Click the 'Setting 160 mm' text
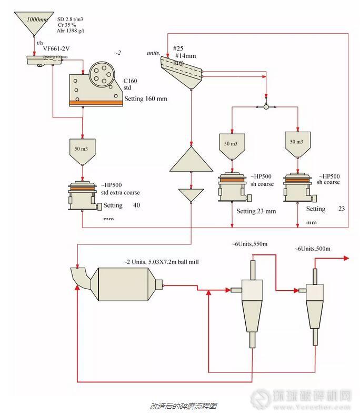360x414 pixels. [x=146, y=99]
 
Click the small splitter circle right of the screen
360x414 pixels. [x=266, y=107]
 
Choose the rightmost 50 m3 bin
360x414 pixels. [x=298, y=144]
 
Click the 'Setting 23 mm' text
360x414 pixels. [x=256, y=212]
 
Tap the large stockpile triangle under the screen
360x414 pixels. [x=191, y=161]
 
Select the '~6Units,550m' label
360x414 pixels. [x=250, y=244]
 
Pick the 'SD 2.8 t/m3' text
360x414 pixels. [x=71, y=19]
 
